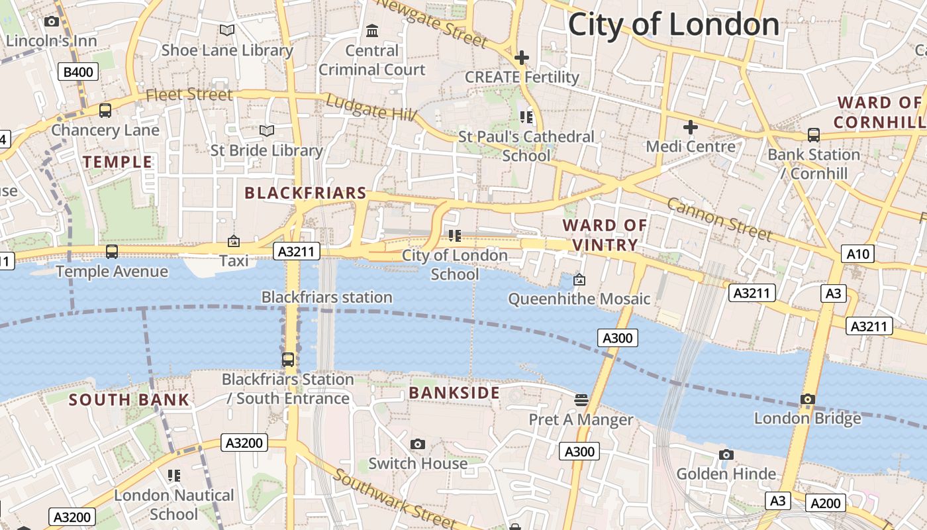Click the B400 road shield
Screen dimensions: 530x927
[79, 72]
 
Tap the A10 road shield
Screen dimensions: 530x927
[859, 253]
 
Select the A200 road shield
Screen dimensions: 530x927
[825, 503]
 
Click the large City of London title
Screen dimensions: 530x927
[673, 25]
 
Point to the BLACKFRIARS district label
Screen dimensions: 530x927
[305, 193]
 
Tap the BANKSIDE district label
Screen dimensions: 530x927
[454, 393]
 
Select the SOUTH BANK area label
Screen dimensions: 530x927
[129, 399]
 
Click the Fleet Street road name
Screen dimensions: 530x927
[189, 95]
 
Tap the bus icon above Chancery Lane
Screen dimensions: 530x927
[105, 111]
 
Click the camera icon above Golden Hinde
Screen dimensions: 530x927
[726, 454]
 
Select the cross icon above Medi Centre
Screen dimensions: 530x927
[691, 127]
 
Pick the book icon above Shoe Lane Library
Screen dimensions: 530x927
[227, 30]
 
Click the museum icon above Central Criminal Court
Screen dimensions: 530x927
[372, 30]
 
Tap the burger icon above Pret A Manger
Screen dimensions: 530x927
[581, 399]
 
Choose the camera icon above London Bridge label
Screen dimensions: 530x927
[807, 399]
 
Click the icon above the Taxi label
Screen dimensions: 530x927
[233, 242]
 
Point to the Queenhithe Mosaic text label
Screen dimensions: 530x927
[579, 299]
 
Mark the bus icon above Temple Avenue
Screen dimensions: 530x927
[112, 252]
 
